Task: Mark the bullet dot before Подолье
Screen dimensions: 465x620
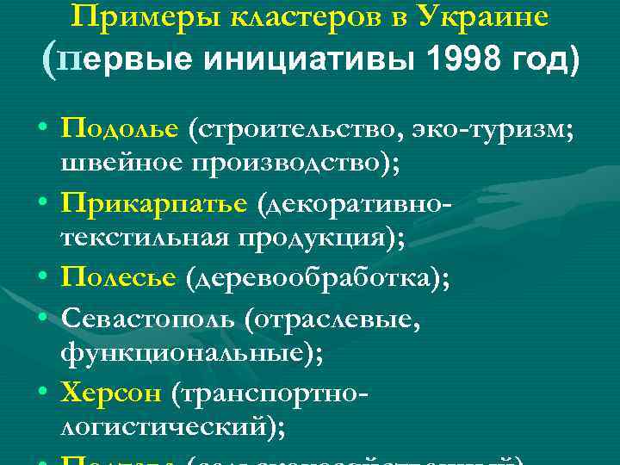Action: pyautogui.click(x=43, y=129)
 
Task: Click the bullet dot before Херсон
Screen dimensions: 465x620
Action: pyautogui.click(x=43, y=392)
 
